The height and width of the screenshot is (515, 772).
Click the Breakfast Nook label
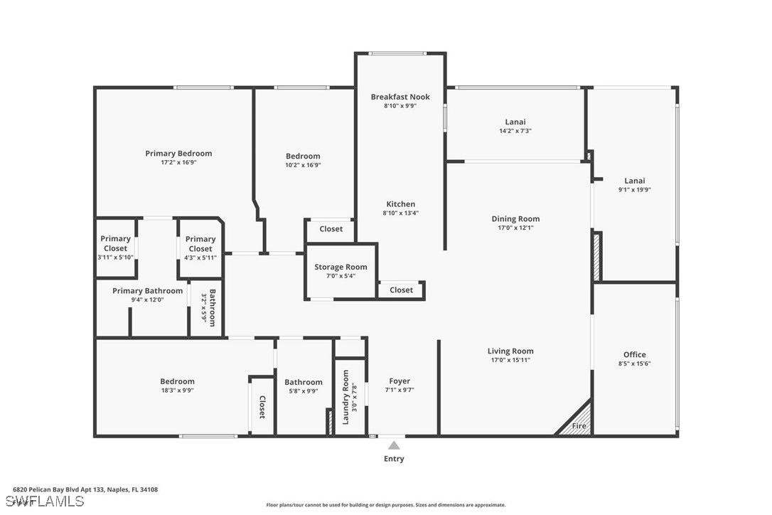click(400, 97)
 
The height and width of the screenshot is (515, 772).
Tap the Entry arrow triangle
click(394, 445)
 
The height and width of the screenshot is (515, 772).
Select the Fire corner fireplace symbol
click(574, 419)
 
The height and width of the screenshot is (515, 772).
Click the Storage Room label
click(341, 267)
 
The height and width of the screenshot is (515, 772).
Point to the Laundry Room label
click(345, 397)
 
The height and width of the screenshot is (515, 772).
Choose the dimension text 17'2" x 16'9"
click(178, 162)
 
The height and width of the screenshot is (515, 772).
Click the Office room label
click(635, 354)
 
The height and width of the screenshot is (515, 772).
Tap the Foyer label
click(400, 381)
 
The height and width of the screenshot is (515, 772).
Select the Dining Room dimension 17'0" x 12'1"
click(515, 228)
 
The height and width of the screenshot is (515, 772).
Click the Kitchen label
click(401, 204)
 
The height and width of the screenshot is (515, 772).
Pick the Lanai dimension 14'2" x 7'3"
click(515, 131)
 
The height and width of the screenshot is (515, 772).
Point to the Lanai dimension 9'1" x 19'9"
click(635, 190)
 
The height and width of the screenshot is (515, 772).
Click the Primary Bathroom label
click(148, 291)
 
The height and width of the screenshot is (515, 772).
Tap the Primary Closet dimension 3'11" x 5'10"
click(116, 257)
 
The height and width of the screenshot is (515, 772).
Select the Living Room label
click(510, 351)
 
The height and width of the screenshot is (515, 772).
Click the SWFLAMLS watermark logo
click(44, 501)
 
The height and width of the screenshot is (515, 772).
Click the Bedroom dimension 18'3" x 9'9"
click(177, 391)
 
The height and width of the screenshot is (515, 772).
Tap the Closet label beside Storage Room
click(401, 290)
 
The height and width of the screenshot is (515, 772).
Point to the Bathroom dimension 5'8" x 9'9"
click(304, 391)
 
